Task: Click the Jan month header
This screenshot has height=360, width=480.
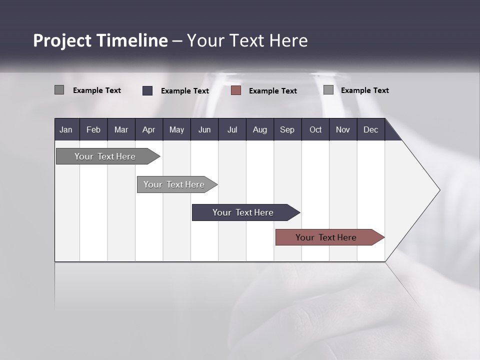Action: [66, 130]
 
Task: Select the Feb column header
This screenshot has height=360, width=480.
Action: [93, 130]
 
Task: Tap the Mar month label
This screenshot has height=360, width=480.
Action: [121, 130]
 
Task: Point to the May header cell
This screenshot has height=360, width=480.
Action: [176, 130]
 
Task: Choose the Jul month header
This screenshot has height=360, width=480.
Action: [232, 130]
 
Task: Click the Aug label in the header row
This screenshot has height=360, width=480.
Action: [260, 130]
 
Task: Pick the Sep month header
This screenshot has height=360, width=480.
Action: [287, 130]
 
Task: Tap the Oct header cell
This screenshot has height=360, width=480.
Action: [315, 130]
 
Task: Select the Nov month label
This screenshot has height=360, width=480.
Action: [343, 130]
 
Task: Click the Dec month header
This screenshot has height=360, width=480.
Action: [371, 130]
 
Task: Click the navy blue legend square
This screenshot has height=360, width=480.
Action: [147, 90]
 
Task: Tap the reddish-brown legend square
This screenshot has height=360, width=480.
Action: [236, 90]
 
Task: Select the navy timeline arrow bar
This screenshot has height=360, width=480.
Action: [243, 212]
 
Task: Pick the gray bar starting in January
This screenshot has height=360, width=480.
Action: [105, 156]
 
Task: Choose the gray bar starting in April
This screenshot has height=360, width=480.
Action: [174, 184]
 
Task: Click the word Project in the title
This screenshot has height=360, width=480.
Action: [63, 41]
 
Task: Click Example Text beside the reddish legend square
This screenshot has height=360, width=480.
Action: [273, 91]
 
